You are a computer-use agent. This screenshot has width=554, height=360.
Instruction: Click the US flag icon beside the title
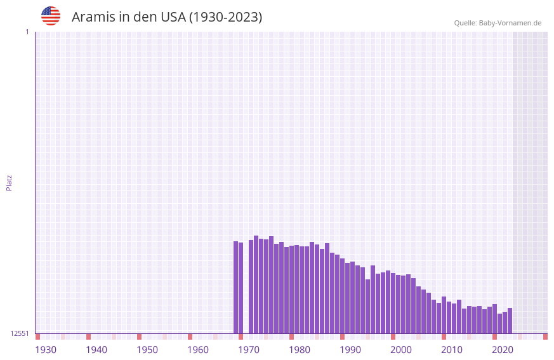pos(51,16)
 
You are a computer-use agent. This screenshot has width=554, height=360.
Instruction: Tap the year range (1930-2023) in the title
pos(226,17)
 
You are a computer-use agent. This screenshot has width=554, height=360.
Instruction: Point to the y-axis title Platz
pos(9,182)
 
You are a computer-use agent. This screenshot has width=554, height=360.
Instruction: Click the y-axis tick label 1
pos(27,32)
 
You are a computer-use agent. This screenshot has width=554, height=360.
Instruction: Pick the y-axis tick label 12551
pos(20,333)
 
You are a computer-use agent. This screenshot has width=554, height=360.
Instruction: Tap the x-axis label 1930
pos(46,350)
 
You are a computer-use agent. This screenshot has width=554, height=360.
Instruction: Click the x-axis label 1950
pos(147,350)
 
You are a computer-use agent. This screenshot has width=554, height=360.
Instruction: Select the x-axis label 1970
pos(249,350)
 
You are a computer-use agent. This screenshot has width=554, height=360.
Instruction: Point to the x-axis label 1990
pos(350,350)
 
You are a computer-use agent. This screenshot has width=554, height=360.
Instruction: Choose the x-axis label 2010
pos(452,350)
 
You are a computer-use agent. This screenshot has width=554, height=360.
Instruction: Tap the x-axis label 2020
pos(503,350)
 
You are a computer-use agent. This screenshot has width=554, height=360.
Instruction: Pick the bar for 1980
pos(292,290)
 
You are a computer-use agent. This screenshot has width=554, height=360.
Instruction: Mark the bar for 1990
pos(343,296)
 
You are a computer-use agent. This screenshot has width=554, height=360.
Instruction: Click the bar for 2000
pos(393,303)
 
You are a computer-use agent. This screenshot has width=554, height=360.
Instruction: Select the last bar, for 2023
pos(510,321)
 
